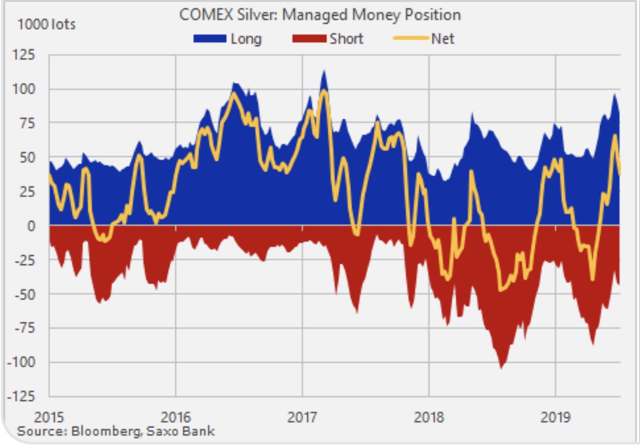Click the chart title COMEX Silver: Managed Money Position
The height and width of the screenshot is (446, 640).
(320, 15)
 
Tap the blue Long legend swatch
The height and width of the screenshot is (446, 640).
(209, 39)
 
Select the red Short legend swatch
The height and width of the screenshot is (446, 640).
(309, 39)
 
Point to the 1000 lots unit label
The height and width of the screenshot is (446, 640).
(47, 24)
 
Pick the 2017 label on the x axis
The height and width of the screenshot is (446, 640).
(302, 418)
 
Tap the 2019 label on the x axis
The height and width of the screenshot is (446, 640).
(555, 418)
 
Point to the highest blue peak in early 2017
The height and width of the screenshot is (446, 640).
(324, 71)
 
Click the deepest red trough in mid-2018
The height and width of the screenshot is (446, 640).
(501, 368)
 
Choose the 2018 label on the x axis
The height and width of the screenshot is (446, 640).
(429, 418)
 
